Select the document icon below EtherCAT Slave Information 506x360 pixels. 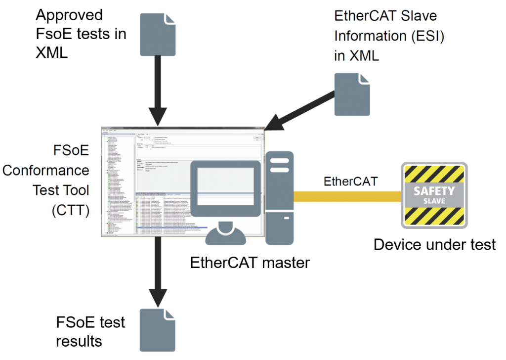(352, 94)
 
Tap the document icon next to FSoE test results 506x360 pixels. (157, 330)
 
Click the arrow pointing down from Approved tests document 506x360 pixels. (158, 89)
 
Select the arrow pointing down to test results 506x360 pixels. (158, 272)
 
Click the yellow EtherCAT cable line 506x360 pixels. (346, 197)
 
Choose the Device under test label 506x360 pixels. (434, 245)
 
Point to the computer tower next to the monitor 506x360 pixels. (279, 198)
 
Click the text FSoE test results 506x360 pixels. (90, 331)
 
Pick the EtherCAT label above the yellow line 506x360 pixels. (351, 180)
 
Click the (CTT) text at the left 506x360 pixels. (71, 210)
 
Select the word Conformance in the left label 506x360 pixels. (46, 171)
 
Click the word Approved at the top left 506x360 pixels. (69, 15)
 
